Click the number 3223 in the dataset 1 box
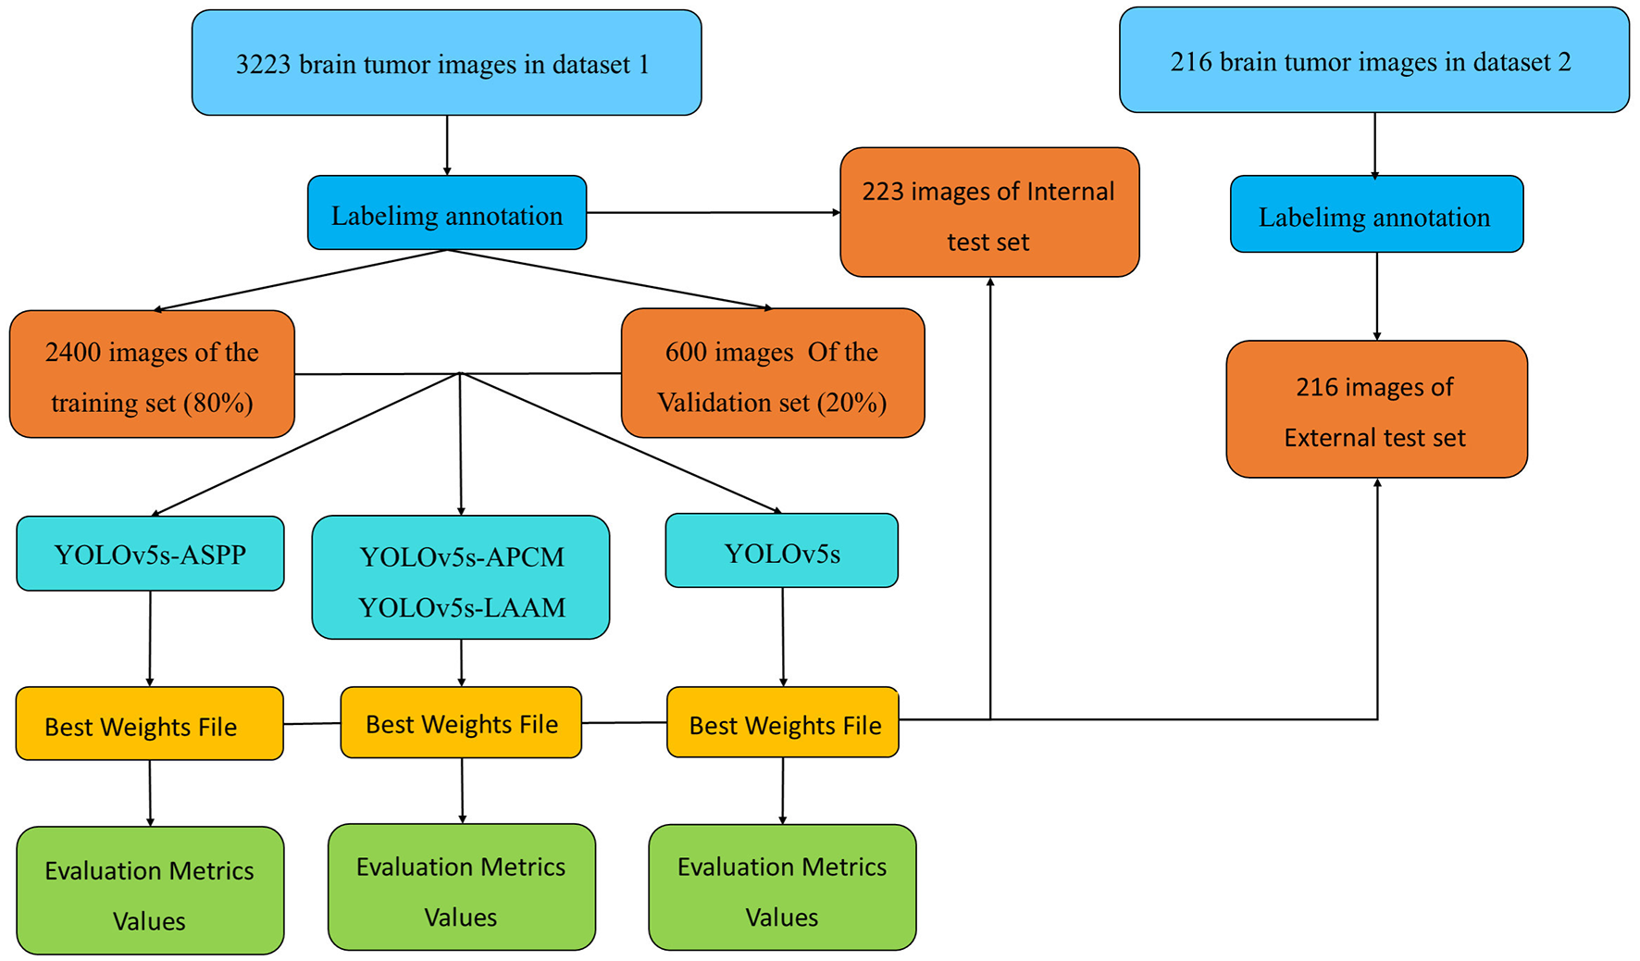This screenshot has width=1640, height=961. click(x=264, y=65)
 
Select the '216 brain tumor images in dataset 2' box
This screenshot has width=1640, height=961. click(x=1373, y=61)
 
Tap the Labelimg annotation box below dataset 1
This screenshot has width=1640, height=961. click(x=447, y=214)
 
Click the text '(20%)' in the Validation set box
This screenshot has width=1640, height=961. click(x=851, y=403)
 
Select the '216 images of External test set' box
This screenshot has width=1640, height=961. click(x=1375, y=410)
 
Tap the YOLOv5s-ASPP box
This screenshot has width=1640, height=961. click(x=150, y=555)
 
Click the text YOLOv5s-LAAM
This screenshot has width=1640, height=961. click(x=461, y=607)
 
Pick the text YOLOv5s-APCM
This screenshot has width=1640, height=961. click(x=461, y=557)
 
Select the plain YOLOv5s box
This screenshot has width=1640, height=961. click(x=782, y=553)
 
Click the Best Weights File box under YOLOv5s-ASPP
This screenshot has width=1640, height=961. click(x=149, y=725)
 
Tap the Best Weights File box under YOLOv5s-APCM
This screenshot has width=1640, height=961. click(x=461, y=723)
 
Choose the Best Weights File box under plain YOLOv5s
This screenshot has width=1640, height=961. click(x=783, y=724)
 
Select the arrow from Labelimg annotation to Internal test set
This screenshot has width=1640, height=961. click(x=713, y=213)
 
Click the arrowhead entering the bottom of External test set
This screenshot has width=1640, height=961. click(x=1377, y=484)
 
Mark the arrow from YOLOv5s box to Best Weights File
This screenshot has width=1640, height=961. click(x=783, y=637)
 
